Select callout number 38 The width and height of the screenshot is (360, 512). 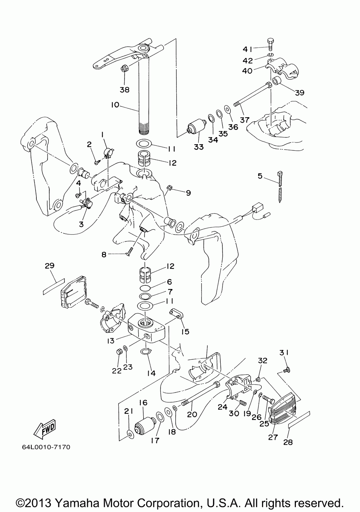[125, 90]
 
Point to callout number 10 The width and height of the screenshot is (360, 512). [115, 105]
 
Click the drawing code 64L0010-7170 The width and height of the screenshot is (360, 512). [46, 447]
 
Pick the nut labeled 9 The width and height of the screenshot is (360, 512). [170, 188]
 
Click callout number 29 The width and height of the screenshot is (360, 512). [50, 266]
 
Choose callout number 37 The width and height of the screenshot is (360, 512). [244, 120]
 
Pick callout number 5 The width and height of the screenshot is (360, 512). [260, 176]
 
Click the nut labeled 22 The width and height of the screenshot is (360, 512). [119, 358]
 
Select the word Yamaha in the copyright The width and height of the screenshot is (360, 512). [78, 503]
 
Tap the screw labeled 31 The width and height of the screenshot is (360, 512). [287, 370]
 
